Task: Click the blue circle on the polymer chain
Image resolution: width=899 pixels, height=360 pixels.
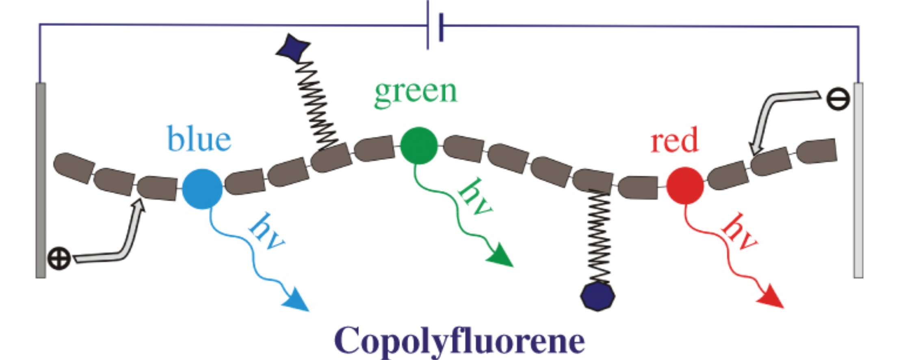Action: pyautogui.click(x=202, y=189)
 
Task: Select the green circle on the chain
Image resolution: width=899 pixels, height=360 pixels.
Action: pyautogui.click(x=419, y=145)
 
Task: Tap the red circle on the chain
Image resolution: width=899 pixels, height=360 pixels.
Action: pyautogui.click(x=685, y=185)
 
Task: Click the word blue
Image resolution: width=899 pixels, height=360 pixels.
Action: pyautogui.click(x=199, y=139)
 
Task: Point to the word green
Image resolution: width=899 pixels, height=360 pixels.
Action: pyautogui.click(x=416, y=92)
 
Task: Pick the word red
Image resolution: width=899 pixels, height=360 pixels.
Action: pyautogui.click(x=674, y=140)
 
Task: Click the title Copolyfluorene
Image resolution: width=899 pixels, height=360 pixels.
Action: pyautogui.click(x=459, y=340)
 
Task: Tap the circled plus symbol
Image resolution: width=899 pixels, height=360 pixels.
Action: pyautogui.click(x=59, y=258)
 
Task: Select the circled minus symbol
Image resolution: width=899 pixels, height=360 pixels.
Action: pyautogui.click(x=838, y=100)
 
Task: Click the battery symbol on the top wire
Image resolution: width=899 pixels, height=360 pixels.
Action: pyautogui.click(x=434, y=26)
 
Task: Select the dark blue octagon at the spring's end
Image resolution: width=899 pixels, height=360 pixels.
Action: pyautogui.click(x=598, y=297)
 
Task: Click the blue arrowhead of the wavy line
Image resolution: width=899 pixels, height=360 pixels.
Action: pyautogui.click(x=297, y=301)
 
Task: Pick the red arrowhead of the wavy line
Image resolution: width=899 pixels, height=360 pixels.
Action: pyautogui.click(x=771, y=299)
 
